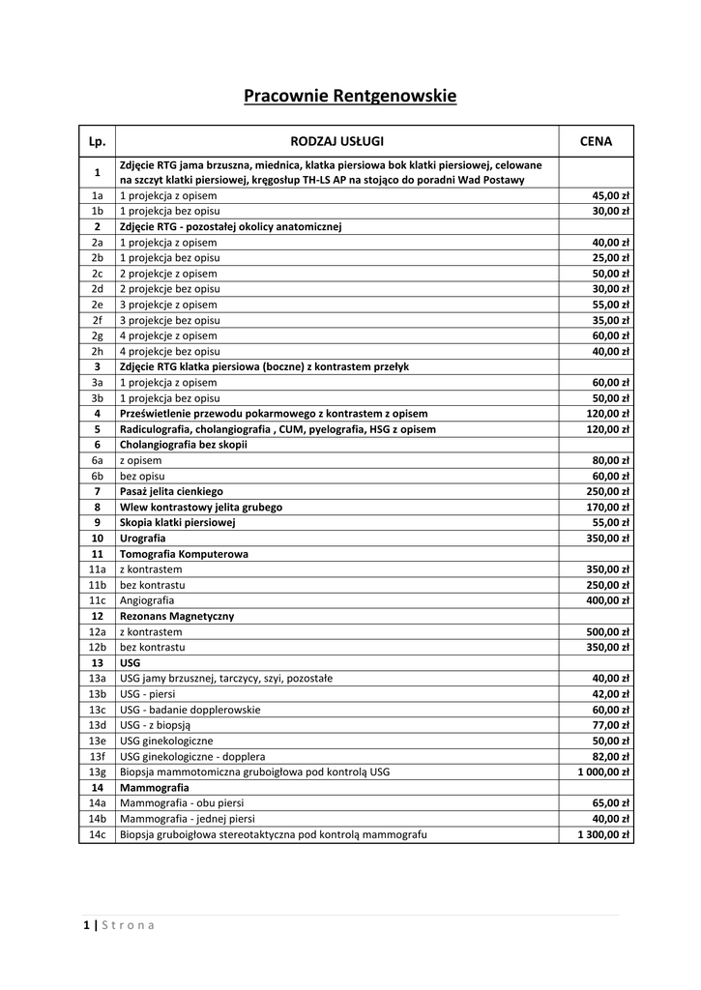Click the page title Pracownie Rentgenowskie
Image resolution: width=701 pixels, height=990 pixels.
click(x=349, y=97)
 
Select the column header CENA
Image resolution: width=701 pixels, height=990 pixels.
click(x=596, y=141)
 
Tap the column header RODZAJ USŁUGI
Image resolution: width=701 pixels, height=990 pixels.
click(x=337, y=141)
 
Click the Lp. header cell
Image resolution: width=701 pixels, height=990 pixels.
click(x=97, y=141)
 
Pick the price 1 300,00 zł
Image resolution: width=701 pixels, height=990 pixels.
click(x=603, y=834)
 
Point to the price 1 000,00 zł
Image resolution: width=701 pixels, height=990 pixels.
click(x=603, y=772)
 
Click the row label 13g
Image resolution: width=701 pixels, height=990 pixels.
click(x=97, y=772)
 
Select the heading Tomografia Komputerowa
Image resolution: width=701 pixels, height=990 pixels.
click(x=184, y=554)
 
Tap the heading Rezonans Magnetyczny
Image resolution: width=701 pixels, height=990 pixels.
click(x=177, y=616)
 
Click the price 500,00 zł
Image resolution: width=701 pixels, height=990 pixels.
click(x=610, y=631)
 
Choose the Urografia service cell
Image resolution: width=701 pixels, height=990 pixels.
click(x=143, y=538)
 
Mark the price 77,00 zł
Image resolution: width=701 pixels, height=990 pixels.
click(x=612, y=725)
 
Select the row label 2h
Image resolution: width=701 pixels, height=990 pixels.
click(x=97, y=351)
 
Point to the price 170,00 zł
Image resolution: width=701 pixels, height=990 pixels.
click(x=610, y=507)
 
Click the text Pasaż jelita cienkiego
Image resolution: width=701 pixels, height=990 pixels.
click(x=171, y=491)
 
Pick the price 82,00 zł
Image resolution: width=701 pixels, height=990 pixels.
click(x=612, y=756)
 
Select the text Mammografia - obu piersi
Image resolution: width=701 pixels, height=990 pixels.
click(x=182, y=803)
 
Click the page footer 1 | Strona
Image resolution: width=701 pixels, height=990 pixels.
click(x=119, y=925)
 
